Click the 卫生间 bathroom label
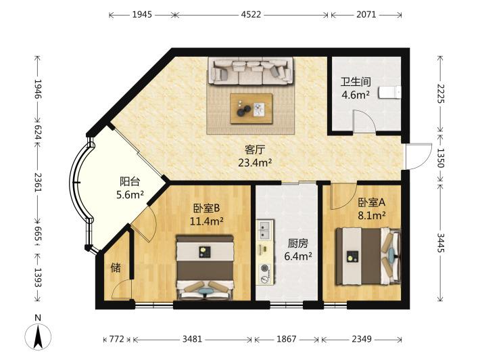pyautogui.click(x=356, y=82)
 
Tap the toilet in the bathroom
pyautogui.click(x=389, y=93)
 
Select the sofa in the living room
pyautogui.click(x=250, y=71)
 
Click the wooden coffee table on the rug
pyautogui.click(x=251, y=108)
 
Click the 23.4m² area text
pyautogui.click(x=255, y=162)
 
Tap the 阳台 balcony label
pyautogui.click(x=130, y=181)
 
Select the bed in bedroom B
pyautogui.click(x=205, y=267)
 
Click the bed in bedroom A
pyautogui.click(x=368, y=256)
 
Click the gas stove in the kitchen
pyautogui.click(x=265, y=273)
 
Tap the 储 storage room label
pyautogui.click(x=116, y=268)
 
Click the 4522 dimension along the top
pyautogui.click(x=251, y=14)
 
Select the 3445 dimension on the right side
pyautogui.click(x=440, y=243)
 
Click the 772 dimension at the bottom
pyautogui.click(x=117, y=339)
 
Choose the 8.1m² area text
pyautogui.click(x=372, y=216)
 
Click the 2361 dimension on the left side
pyautogui.click(x=38, y=182)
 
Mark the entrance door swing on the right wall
pyautogui.click(x=418, y=156)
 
